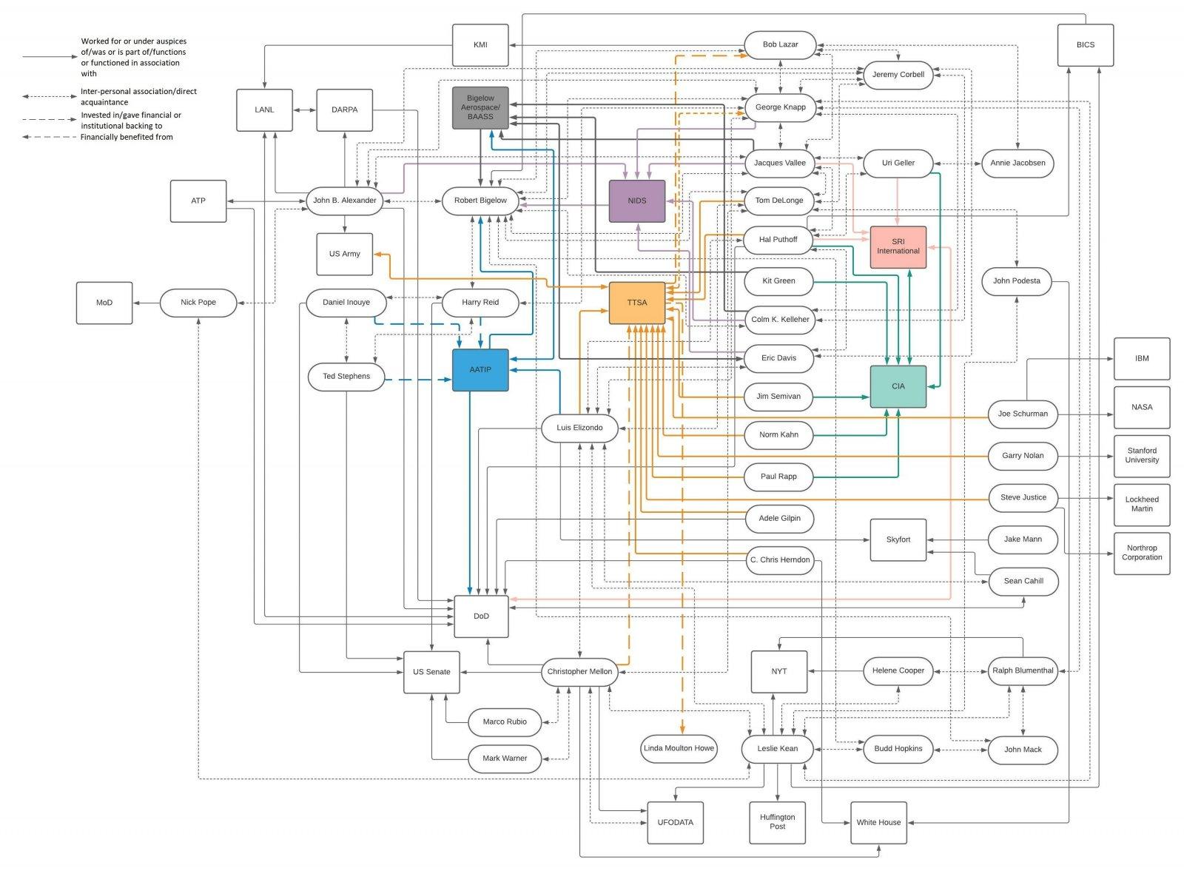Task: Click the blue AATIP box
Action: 480,370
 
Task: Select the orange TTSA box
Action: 636,303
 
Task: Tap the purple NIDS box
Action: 636,201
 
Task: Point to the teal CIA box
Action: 898,386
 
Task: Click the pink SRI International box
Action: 898,246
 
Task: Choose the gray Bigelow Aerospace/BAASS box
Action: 480,107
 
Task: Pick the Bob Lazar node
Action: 780,44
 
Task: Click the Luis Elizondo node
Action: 579,428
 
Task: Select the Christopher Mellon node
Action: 579,672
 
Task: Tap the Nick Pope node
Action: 198,303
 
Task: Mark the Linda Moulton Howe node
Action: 679,748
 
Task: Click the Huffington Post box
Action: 777,822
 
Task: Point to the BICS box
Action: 1085,45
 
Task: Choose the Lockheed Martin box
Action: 1142,503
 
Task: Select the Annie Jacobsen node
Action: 1017,163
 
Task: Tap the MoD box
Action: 104,303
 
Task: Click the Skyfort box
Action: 898,539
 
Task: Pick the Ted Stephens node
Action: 346,377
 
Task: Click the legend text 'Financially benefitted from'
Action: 127,137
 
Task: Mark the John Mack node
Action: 1023,750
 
